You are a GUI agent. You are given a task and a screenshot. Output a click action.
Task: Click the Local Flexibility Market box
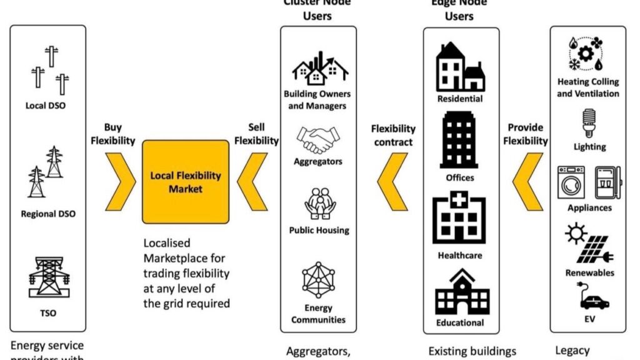(186, 181)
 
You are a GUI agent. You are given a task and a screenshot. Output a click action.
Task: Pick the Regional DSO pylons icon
(46, 172)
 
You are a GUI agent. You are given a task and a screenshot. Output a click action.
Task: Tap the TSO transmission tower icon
(46, 275)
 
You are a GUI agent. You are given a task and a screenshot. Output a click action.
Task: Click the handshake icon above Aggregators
(317, 139)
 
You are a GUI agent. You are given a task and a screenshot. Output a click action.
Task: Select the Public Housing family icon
(317, 205)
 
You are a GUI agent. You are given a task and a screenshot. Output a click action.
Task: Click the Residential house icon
(461, 67)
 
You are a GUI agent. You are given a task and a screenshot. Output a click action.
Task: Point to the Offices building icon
(461, 140)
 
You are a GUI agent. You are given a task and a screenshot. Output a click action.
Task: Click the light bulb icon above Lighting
(588, 123)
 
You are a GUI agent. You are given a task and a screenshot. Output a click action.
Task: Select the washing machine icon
(571, 182)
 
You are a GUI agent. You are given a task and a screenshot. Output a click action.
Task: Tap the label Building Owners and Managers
(317, 100)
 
